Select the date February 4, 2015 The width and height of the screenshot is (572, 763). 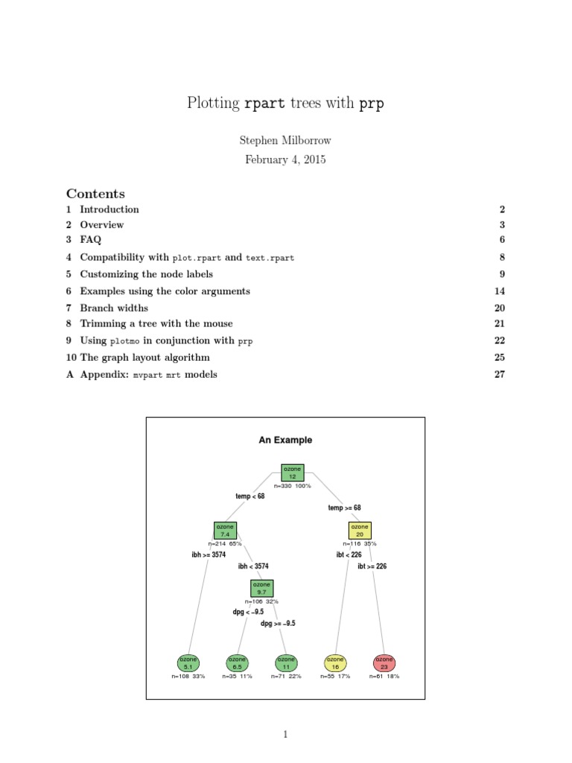285,159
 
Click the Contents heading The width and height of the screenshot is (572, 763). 95,194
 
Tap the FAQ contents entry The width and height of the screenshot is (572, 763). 90,240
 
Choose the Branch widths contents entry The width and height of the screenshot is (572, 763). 114,308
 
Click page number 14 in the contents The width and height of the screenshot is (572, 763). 500,291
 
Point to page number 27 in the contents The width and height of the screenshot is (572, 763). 500,375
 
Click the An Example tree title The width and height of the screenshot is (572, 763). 285,440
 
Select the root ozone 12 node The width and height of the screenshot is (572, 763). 293,472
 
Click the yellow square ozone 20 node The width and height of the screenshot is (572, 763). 360,531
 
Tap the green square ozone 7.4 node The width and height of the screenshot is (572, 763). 225,531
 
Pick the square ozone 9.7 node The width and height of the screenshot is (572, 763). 261,589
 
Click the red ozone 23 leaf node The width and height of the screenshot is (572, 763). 384,663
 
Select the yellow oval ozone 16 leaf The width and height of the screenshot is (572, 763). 336,663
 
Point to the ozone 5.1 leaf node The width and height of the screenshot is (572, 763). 189,663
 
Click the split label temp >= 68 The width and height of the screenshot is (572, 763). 344,508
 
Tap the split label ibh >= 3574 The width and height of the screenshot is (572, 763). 209,555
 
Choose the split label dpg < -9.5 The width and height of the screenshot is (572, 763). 248,612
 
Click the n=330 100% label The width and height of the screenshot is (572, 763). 293,486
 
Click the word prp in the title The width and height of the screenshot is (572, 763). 372,104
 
